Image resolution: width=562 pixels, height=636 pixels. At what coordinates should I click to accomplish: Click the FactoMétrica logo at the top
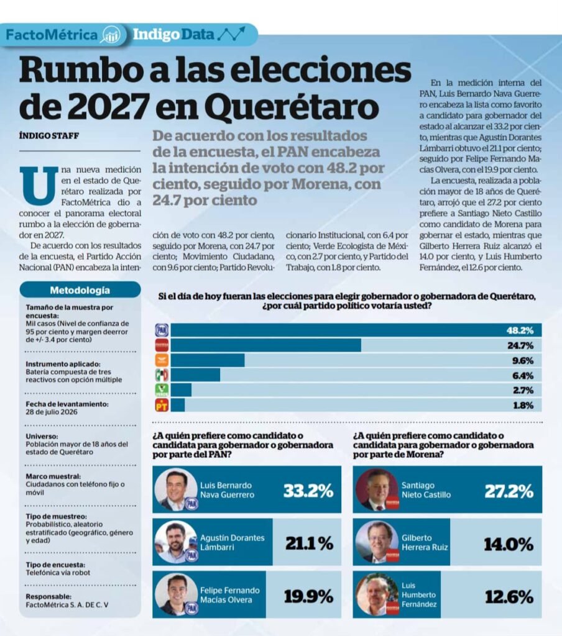[x=63, y=35]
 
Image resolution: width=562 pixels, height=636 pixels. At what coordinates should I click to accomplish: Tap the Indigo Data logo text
[x=173, y=35]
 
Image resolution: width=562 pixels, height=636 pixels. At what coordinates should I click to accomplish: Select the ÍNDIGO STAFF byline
[x=48, y=135]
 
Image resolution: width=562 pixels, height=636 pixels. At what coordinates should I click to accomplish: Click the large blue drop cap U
[x=39, y=185]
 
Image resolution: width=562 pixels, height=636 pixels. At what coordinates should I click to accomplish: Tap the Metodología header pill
[x=80, y=290]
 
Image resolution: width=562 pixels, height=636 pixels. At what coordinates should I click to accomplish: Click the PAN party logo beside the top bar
[x=162, y=330]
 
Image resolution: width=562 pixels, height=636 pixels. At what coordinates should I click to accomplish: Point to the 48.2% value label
[x=520, y=330]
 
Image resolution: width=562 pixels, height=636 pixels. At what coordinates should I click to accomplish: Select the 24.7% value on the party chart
[x=520, y=345]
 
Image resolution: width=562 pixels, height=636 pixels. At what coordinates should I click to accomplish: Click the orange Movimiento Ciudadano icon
[x=162, y=360]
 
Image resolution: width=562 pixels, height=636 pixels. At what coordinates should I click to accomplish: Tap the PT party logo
[x=162, y=405]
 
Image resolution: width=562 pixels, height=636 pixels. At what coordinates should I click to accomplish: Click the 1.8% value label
[x=523, y=405]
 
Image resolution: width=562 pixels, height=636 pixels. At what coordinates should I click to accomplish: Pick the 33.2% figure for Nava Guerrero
[x=308, y=491]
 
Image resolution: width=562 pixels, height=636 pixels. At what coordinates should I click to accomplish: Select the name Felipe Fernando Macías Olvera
[x=230, y=594]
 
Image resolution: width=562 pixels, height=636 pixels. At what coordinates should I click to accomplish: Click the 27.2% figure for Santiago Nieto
[x=509, y=491]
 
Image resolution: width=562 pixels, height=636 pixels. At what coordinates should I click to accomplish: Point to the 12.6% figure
[x=509, y=597]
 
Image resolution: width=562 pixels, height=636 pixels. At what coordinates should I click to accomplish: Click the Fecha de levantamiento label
[x=67, y=404]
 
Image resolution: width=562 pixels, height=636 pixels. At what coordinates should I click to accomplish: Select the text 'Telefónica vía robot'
[x=58, y=572]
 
